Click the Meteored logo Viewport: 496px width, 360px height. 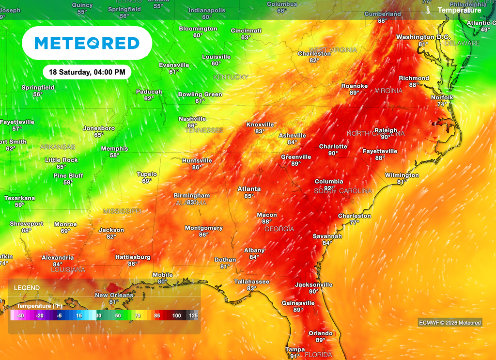(87, 43)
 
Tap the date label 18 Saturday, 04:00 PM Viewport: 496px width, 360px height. (87, 72)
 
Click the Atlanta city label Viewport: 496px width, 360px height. (249, 189)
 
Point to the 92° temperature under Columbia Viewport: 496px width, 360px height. (329, 188)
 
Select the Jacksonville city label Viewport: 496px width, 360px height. (314, 284)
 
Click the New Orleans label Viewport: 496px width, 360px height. (114, 295)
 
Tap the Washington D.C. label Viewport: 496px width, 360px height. (423, 37)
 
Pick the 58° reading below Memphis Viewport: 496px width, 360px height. (114, 156)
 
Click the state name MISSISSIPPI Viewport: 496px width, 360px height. (122, 211)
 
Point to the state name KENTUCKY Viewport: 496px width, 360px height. (231, 77)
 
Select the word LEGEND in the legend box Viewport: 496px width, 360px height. (27, 288)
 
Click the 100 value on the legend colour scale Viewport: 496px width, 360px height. (177, 315)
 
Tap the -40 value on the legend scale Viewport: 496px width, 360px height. (20, 315)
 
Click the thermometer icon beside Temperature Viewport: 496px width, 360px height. (428, 10)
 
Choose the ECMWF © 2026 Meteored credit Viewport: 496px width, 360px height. (450, 323)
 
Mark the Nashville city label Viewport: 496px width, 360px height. (192, 119)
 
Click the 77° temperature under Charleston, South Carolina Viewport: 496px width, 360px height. (355, 222)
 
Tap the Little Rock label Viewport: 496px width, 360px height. (62, 160)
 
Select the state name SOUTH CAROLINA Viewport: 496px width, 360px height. (343, 191)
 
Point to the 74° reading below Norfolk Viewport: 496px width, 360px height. (442, 104)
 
